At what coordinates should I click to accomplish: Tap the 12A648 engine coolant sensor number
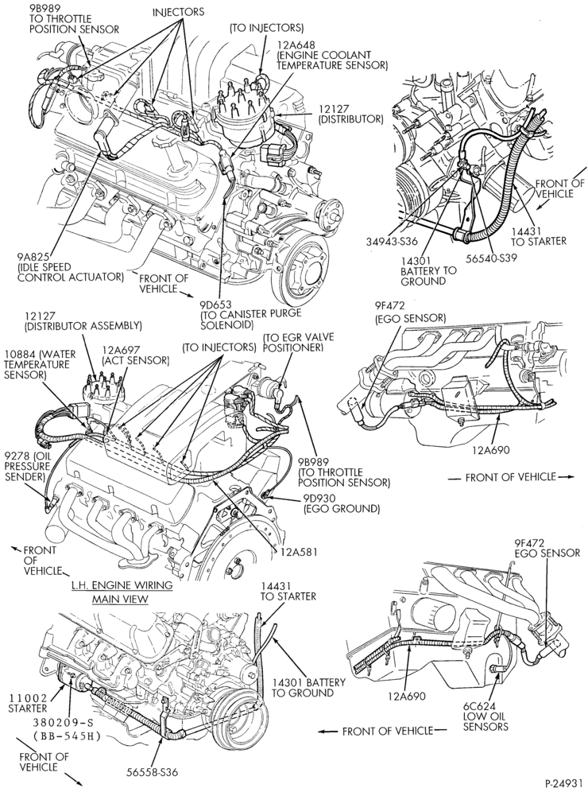(x=296, y=43)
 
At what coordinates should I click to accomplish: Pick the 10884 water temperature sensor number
(x=19, y=354)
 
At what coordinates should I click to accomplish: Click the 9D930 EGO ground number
(x=319, y=499)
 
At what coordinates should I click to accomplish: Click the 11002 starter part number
(x=28, y=698)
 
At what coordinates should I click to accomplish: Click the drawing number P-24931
(x=564, y=783)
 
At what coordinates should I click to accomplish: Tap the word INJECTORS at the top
(x=179, y=11)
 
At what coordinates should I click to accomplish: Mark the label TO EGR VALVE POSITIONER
(x=292, y=343)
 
